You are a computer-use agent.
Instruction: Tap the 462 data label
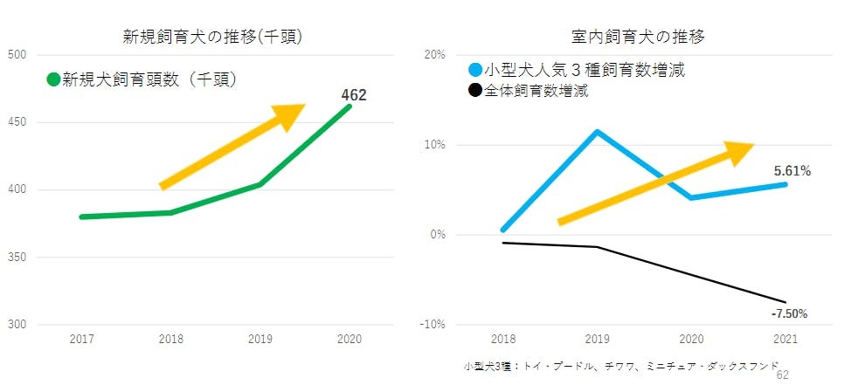pos(353,95)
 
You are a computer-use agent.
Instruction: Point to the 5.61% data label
pos(792,171)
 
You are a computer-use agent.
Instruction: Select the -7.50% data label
pos(789,313)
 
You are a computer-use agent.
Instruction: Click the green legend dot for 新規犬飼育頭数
pos(53,79)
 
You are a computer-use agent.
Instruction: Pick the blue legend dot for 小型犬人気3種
pos(475,70)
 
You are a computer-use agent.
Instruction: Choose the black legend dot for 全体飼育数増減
pos(475,91)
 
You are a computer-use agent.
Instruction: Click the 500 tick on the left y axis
pos(17,55)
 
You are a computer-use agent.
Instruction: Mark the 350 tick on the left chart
pos(17,258)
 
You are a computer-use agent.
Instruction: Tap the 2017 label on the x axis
pos(81,338)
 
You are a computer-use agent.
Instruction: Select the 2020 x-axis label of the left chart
pos(349,338)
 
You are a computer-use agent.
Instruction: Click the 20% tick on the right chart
pos(434,55)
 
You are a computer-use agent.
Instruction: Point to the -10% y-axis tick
pos(432,325)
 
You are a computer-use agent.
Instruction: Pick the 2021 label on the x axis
pos(785,338)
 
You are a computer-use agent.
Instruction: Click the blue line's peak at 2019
pos(597,132)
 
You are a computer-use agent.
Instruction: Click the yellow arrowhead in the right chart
pos(738,152)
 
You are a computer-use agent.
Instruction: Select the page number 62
pos(782,375)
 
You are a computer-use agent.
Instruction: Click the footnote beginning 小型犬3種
pos(620,367)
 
